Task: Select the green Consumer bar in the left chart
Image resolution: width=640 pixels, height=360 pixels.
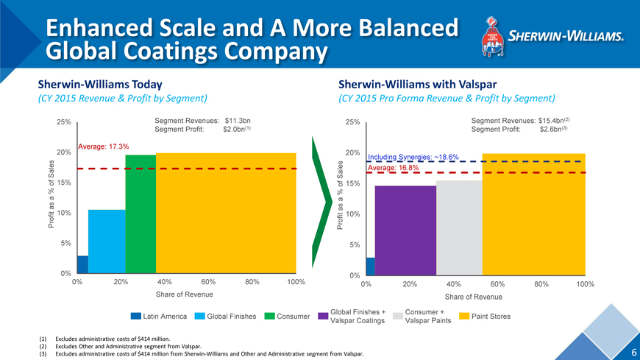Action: point(141,214)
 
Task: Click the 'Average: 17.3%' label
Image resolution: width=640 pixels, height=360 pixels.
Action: point(104,147)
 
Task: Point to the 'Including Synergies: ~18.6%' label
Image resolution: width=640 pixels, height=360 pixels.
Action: point(413,158)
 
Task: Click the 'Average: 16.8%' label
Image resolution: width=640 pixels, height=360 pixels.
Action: point(393,168)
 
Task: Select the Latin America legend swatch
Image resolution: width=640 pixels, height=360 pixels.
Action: point(135,317)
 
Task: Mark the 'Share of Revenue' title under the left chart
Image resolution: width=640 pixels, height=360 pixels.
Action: point(184,294)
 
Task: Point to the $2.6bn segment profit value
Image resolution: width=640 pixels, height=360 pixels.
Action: point(550,130)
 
